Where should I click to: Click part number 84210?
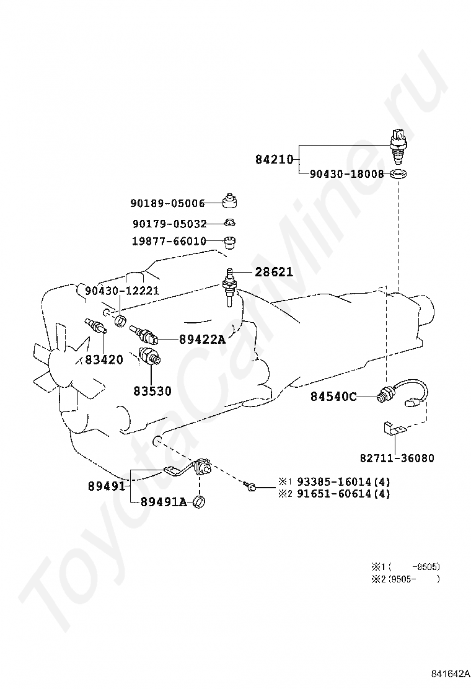pyautogui.click(x=274, y=159)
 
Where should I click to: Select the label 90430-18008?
pyautogui.click(x=347, y=174)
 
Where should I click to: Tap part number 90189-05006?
pyautogui.click(x=167, y=203)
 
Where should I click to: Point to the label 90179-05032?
pyautogui.click(x=169, y=224)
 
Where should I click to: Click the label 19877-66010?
pyautogui.click(x=169, y=242)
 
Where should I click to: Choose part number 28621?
pyautogui.click(x=273, y=272)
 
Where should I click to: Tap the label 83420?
pyautogui.click(x=104, y=359)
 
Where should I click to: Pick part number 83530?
pyautogui.click(x=152, y=391)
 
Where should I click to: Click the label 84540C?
pyautogui.click(x=333, y=397)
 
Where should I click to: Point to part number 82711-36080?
pyautogui.click(x=397, y=459)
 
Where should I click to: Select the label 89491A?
pyautogui.click(x=163, y=502)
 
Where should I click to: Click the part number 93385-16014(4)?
pyautogui.click(x=343, y=481)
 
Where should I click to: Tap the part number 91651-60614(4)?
pyautogui.click(x=343, y=494)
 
